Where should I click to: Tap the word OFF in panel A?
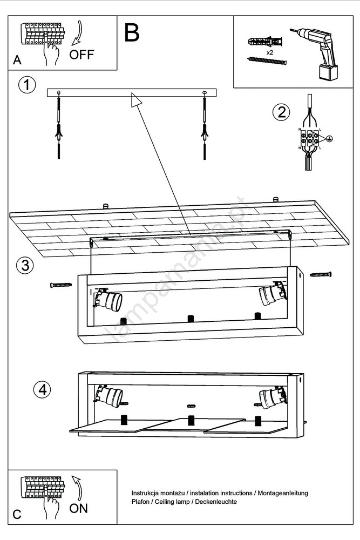tap(81, 55)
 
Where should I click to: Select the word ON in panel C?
tap(78, 508)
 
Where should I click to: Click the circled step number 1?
tap(27, 85)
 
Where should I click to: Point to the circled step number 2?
tap(281, 112)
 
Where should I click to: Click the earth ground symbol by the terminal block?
tap(328, 138)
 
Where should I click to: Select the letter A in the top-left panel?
tap(17, 60)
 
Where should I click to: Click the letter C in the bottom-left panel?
tap(17, 515)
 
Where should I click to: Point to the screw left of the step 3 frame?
tap(61, 285)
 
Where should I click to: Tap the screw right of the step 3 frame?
tap(320, 274)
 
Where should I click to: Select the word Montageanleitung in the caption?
tap(282, 493)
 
